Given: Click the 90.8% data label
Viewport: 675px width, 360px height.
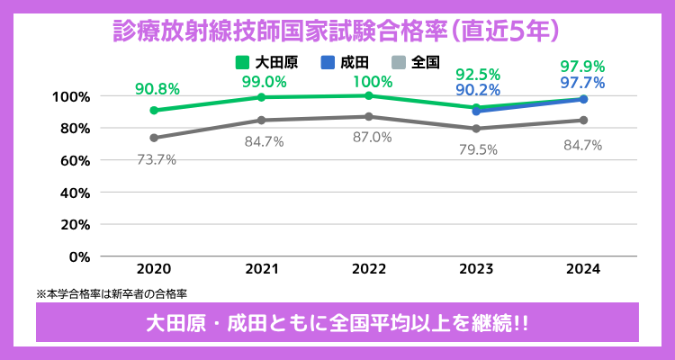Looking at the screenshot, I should (x=157, y=89).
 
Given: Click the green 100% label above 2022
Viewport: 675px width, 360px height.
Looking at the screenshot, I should (x=371, y=82).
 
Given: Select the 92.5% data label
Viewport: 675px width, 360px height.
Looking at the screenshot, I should (x=478, y=74).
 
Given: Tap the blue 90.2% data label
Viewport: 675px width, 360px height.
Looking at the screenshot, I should (x=478, y=90).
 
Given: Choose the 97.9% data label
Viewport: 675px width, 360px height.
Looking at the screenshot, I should (x=582, y=67).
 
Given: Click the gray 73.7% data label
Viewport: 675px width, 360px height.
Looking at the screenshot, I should (x=156, y=159).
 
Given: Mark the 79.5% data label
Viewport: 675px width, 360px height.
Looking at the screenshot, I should (x=477, y=149).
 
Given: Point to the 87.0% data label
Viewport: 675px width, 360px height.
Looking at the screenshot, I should (x=371, y=137).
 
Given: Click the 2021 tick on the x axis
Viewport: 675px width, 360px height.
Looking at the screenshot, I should (x=261, y=269).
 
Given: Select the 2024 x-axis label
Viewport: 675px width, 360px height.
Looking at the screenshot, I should (x=583, y=269).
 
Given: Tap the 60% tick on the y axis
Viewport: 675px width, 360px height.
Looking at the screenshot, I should (x=72, y=160).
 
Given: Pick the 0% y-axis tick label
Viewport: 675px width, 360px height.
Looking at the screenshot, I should (x=79, y=256).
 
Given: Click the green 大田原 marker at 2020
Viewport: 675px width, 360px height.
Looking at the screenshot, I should (x=154, y=110).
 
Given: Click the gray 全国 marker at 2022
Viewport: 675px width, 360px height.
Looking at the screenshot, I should (x=369, y=116).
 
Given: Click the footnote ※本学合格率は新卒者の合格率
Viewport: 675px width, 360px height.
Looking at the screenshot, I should (x=112, y=293).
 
